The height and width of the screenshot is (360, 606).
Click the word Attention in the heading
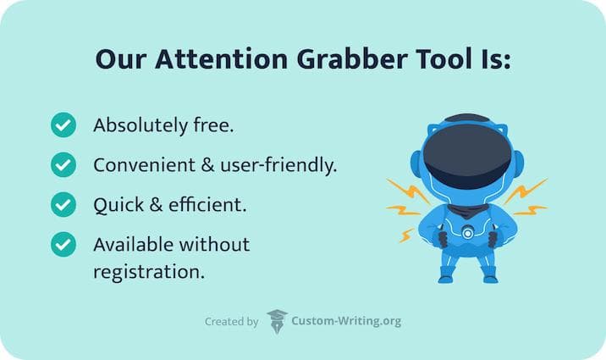coord(222,59)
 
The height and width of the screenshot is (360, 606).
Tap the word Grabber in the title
coord(352,60)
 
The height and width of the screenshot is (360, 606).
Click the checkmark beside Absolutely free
coord(63,125)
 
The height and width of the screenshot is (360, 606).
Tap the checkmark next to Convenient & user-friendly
coord(63,164)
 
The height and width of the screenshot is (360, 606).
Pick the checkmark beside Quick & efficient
coord(63,204)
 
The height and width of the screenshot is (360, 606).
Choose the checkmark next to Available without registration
coord(63,245)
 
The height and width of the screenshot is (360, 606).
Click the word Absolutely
coord(140,126)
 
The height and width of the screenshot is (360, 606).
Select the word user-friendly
coord(278,166)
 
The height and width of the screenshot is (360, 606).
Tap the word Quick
coord(118,205)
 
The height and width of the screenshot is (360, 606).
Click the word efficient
coord(207,204)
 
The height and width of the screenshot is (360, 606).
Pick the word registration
coord(149,272)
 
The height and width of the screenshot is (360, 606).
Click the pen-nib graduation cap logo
coord(277,321)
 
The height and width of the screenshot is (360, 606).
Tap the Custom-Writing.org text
coord(346,321)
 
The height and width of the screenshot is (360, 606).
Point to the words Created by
coord(232,322)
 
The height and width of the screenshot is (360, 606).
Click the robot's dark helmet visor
coord(467,156)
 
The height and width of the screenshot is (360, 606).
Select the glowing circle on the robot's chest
coord(468,233)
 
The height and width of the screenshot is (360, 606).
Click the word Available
coord(133,245)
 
